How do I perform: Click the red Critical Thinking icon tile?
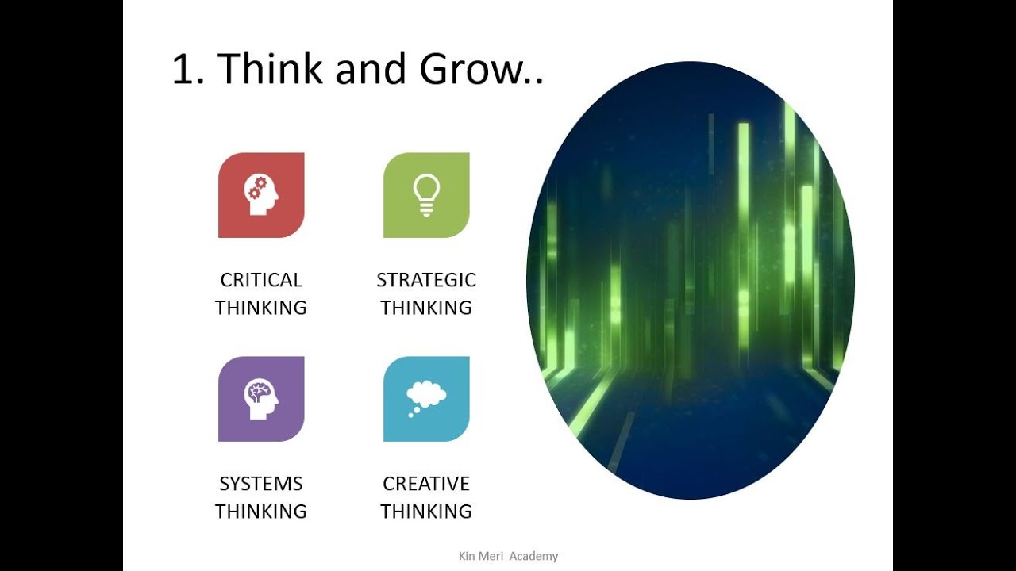261,195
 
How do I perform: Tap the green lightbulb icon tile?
426,195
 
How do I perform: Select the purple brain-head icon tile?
261,399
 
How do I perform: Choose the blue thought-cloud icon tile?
426,399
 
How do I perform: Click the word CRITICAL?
261,280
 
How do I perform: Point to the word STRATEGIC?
426,280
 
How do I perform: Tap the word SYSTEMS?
261,484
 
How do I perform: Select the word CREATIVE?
426,484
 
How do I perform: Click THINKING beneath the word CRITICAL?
261,308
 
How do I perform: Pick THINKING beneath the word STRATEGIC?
426,308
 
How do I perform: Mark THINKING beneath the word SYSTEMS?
261,512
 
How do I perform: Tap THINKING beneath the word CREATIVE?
426,512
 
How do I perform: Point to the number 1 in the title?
183,70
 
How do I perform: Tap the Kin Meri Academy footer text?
508,556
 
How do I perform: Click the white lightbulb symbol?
426,194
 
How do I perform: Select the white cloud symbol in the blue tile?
426,394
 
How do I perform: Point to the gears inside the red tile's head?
256,188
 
